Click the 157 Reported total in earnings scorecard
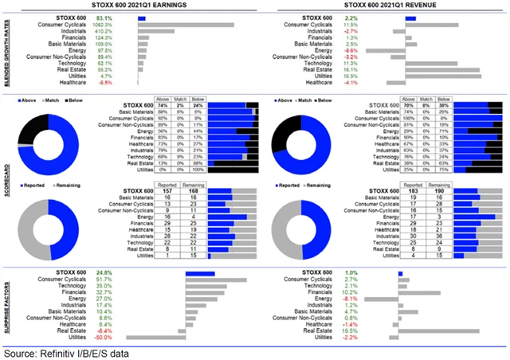click(167, 191)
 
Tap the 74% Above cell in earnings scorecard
click(163, 104)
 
